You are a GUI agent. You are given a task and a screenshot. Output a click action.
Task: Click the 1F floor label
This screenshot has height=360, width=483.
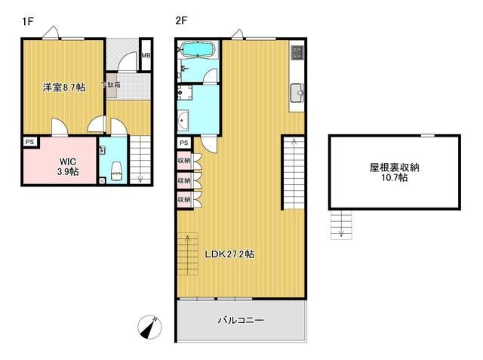[x=28, y=22]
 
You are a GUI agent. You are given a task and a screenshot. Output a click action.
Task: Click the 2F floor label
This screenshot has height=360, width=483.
[x=181, y=22]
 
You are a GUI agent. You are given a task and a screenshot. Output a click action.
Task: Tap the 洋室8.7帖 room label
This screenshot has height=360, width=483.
[x=63, y=88]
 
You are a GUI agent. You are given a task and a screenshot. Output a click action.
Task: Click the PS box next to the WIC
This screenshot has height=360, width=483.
[x=29, y=142]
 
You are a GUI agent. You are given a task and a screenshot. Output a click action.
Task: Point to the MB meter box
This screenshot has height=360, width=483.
[x=146, y=56]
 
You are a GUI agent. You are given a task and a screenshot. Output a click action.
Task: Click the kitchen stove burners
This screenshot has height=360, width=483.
[x=297, y=54]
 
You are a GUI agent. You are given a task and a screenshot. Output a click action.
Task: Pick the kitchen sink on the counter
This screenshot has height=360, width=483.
[x=297, y=94]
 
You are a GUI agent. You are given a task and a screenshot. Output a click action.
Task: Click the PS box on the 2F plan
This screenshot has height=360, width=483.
[x=184, y=143]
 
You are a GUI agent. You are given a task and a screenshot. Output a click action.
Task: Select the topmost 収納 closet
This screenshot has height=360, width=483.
[x=184, y=161]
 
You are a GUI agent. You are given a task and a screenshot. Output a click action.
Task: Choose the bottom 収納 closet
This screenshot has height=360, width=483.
[x=184, y=199]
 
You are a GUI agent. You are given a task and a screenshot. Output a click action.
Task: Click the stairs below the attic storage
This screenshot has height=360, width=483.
[x=341, y=224]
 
